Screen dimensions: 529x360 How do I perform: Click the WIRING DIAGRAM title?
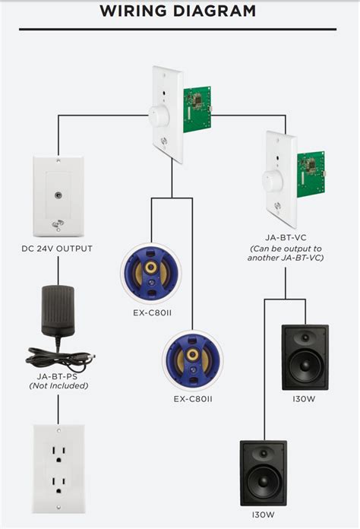pyautogui.click(x=178, y=11)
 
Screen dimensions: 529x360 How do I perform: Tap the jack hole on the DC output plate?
pyautogui.click(x=57, y=195)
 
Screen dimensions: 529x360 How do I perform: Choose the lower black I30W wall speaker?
pyautogui.click(x=264, y=473)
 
